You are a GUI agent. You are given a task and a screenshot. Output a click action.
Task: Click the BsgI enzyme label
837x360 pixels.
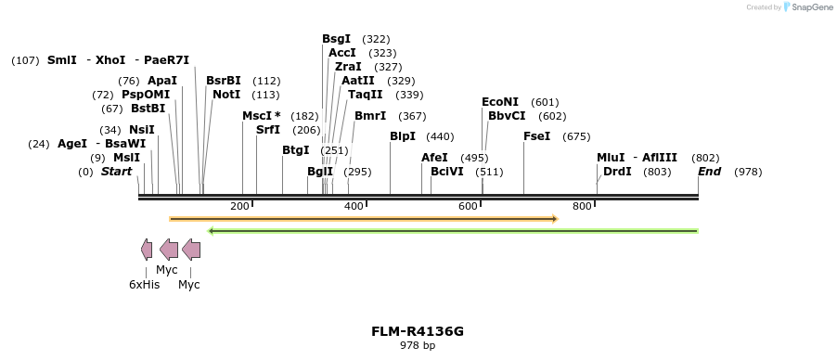[336, 39]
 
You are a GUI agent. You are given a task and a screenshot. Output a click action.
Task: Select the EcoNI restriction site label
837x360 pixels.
[500, 102]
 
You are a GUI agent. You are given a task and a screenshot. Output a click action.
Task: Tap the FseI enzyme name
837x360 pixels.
[536, 136]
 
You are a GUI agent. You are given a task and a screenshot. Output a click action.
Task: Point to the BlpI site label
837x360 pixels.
[403, 136]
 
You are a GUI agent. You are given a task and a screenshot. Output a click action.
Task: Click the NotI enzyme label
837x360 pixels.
[226, 95]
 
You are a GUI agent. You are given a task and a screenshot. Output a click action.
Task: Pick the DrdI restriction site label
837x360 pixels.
[617, 172]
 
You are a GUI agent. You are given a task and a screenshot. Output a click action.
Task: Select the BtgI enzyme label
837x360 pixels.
[296, 150]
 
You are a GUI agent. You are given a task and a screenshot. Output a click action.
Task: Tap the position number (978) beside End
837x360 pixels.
[748, 172]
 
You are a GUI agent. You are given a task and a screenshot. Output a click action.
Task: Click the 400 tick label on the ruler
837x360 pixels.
[354, 206]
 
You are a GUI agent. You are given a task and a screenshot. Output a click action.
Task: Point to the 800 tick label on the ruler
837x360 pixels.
[582, 206]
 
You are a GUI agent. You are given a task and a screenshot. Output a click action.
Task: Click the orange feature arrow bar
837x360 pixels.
[363, 219]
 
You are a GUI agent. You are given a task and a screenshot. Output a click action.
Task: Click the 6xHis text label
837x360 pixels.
[145, 285]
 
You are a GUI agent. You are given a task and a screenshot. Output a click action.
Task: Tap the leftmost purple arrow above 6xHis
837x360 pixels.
[147, 249]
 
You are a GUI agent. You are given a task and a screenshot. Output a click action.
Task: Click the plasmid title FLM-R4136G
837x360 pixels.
[418, 331]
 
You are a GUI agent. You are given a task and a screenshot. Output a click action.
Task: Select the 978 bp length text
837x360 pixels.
[418, 346]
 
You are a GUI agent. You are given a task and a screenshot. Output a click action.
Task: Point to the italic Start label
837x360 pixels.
[117, 172]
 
